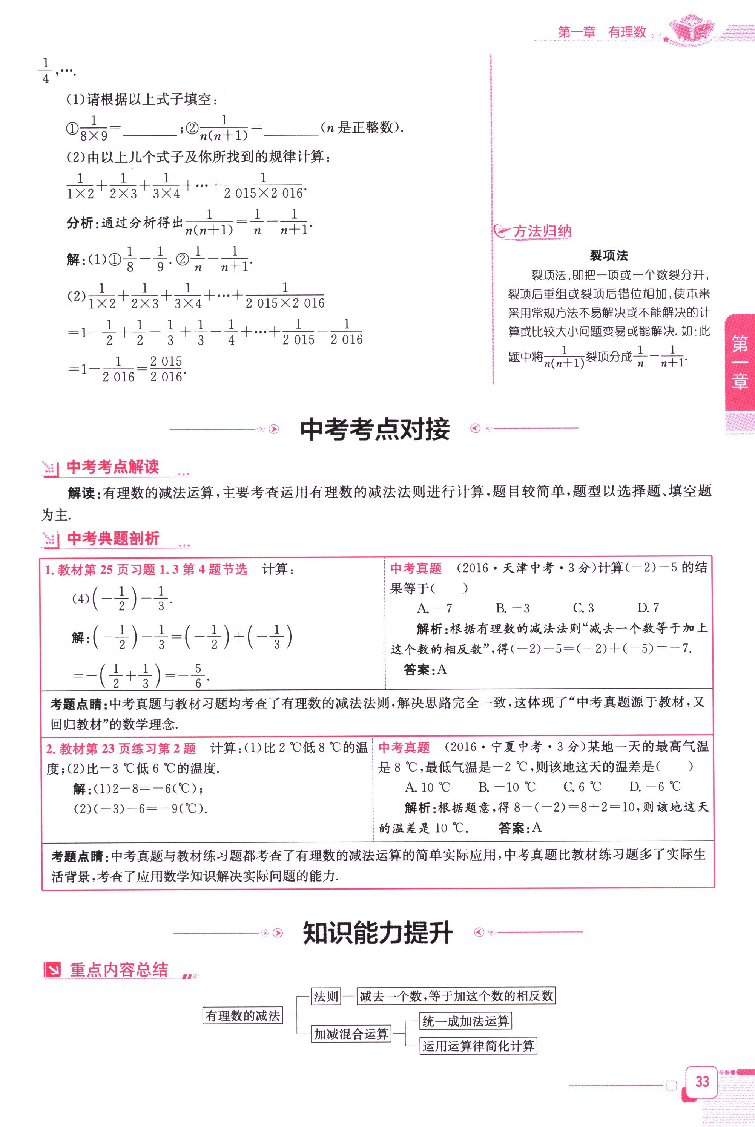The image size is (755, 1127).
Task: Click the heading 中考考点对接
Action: [374, 429]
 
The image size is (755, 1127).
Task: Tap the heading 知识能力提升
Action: [377, 933]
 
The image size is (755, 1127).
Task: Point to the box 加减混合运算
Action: [351, 1034]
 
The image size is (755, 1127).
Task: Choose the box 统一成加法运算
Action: [465, 1021]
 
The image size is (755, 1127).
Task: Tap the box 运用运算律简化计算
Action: [478, 1046]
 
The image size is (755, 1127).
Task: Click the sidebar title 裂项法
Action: [609, 255]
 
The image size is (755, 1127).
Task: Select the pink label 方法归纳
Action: [542, 231]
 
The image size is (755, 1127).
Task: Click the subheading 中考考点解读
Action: [113, 467]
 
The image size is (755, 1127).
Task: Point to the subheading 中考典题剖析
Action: [113, 539]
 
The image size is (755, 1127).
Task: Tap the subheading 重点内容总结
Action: [119, 969]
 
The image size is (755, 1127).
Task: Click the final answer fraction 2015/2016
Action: [166, 369]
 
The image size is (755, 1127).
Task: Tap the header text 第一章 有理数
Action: [602, 32]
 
